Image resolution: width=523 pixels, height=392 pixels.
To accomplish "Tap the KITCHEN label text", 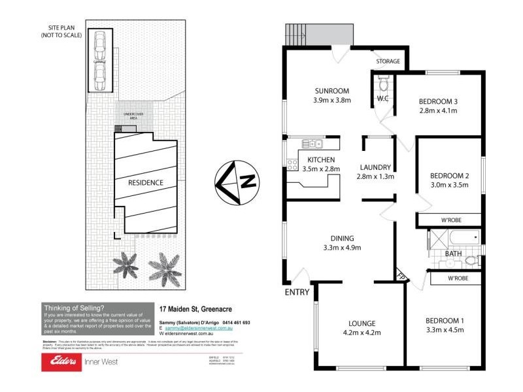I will [321, 159].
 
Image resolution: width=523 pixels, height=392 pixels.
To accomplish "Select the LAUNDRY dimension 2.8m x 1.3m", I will [375, 176].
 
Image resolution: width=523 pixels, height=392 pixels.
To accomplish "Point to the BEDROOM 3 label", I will [437, 101].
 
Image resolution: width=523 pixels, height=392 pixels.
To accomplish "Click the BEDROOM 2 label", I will [449, 176].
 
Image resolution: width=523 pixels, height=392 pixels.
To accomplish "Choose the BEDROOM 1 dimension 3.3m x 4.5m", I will [445, 331].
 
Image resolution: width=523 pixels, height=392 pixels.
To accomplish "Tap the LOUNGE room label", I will [362, 323].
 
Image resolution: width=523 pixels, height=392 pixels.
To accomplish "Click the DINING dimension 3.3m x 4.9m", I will [342, 248].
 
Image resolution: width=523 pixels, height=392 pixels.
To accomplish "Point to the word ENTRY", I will [297, 292].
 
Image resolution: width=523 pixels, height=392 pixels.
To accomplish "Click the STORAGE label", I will [388, 62].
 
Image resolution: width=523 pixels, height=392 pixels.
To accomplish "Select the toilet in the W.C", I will [384, 83].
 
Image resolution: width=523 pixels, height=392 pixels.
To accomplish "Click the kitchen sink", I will [312, 144].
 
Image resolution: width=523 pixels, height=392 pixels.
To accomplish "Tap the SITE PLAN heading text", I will [60, 31].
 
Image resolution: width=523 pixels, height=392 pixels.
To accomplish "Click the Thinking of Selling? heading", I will [73, 307].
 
